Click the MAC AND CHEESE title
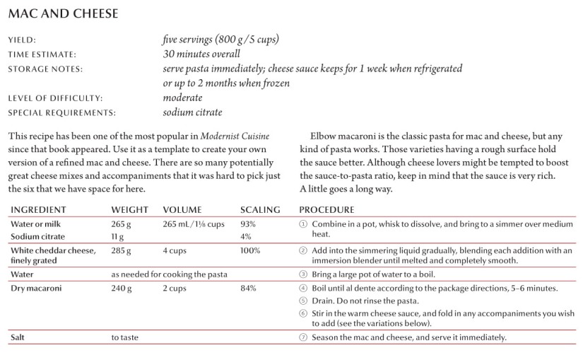pos(63,13)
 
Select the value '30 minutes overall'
pos(201,54)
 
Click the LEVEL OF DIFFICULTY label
pos(55,98)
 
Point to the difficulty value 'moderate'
pos(182,98)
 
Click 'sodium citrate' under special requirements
pos(192,112)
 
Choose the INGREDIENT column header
pos(38,210)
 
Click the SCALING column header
pos(260,210)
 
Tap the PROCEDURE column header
pos(327,210)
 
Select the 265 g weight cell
pos(122,223)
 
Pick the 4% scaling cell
pos(246,236)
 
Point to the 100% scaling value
pos(250,250)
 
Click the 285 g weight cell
pos(122,250)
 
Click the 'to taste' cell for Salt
pos(125,337)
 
